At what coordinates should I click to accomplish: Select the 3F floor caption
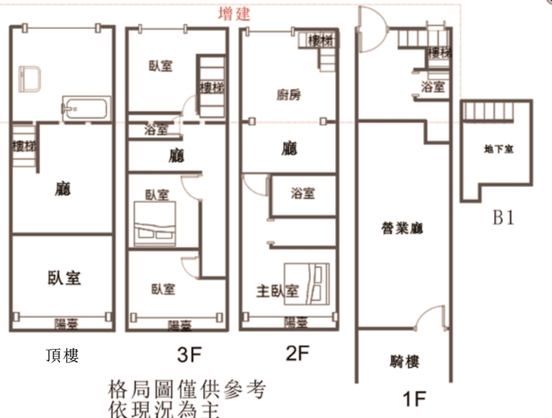tap(188, 356)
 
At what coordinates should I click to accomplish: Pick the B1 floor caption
tap(504, 218)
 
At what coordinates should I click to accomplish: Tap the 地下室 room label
tap(498, 149)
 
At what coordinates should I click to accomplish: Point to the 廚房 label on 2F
tap(288, 95)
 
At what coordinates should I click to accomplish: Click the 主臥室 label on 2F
tap(277, 291)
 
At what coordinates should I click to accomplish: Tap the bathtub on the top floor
tap(86, 109)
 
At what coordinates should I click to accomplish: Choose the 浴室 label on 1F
tap(432, 87)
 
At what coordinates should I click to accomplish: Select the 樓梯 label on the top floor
tap(23, 146)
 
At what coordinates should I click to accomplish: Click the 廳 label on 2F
tap(290, 148)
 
